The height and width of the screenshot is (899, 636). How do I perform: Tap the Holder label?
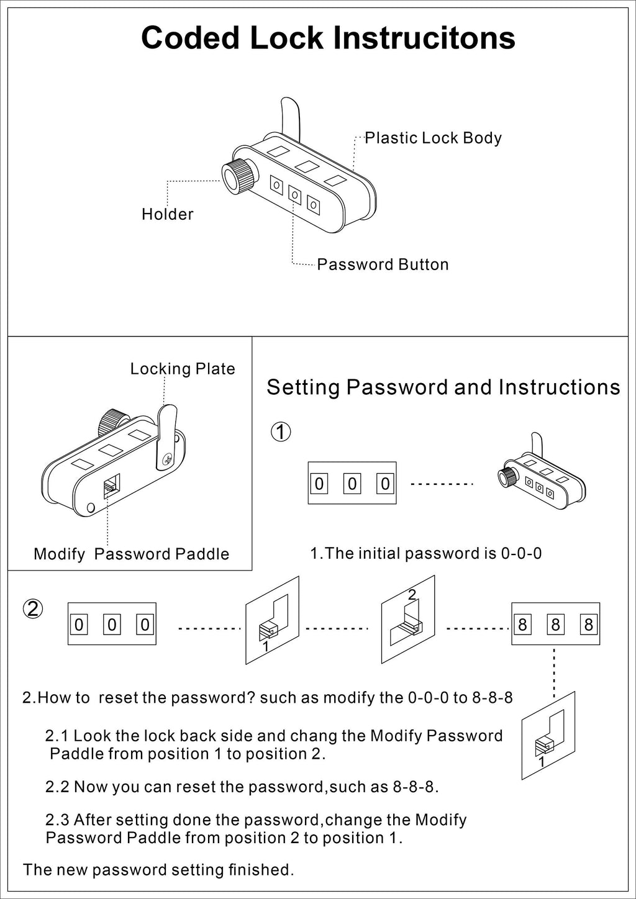click(168, 214)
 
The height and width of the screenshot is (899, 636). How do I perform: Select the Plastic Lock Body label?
click(434, 138)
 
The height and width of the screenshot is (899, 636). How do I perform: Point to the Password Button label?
click(383, 264)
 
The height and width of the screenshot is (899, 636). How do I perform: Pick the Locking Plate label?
click(183, 368)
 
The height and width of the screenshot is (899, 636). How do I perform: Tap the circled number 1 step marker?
click(281, 432)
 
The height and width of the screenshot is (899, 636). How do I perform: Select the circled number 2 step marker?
click(33, 609)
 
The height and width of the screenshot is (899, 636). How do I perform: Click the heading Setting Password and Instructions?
click(443, 387)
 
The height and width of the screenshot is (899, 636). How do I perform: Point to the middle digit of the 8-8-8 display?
click(556, 625)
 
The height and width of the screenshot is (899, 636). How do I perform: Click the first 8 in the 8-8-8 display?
click(523, 625)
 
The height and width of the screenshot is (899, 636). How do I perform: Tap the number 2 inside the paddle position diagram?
click(412, 595)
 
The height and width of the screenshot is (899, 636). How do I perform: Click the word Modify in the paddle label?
click(60, 554)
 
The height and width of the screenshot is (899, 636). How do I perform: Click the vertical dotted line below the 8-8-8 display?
click(554, 673)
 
